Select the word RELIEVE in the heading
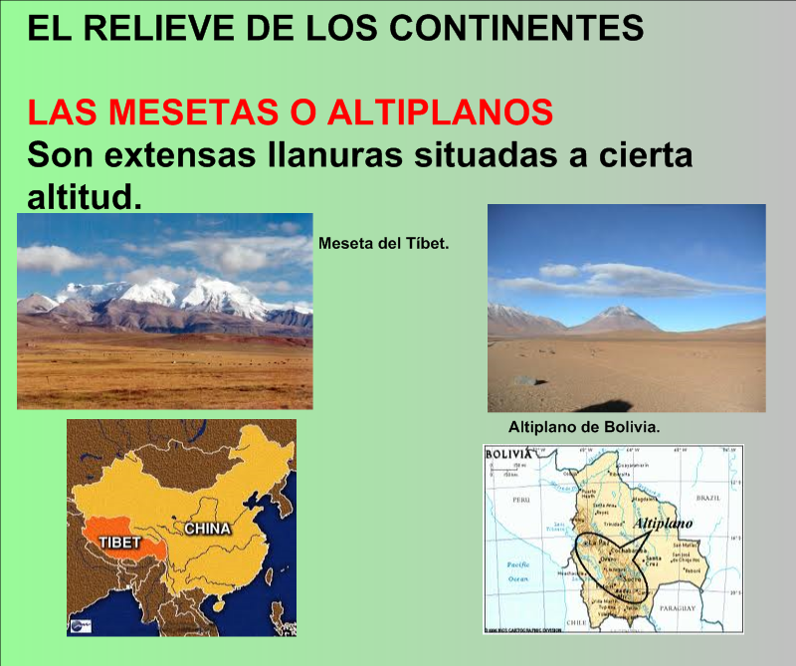coord(144,27)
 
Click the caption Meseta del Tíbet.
coord(384,242)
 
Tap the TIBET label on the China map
coord(119,544)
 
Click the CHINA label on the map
coord(207,528)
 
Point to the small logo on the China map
coord(79,625)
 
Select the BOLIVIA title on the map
coord(508,454)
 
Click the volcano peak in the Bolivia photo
coord(618,310)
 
